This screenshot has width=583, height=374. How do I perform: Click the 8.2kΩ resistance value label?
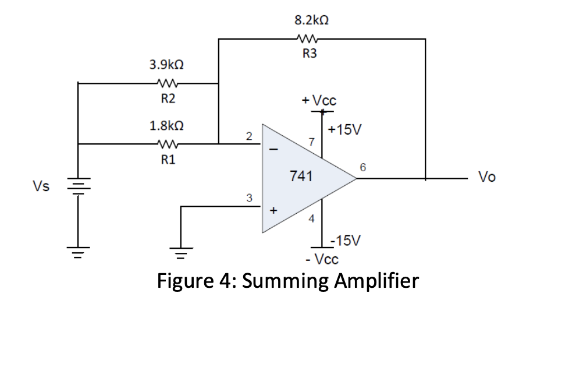pos(312,20)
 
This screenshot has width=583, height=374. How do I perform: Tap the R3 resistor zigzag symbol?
pos(307,40)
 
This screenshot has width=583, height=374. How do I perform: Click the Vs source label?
pos(41,186)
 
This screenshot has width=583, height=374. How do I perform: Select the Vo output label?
pos(486,177)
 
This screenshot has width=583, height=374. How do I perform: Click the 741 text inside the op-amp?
pos(301,176)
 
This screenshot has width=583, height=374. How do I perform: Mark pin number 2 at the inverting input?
pos(248,136)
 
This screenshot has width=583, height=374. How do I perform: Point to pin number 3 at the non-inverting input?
pos(248,198)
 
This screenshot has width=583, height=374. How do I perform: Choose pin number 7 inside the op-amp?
pos(312,142)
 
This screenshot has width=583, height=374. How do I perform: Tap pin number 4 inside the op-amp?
pos(311,219)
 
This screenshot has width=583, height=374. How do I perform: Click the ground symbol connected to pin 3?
pos(181,252)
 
